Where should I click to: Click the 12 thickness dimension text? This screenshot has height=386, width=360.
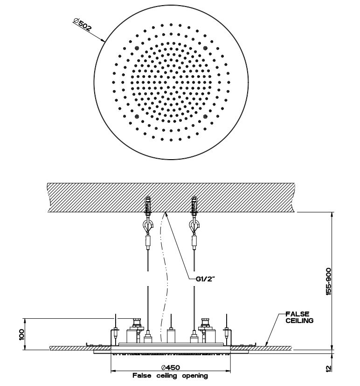pos(329,368)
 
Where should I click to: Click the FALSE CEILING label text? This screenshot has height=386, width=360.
pos(298,317)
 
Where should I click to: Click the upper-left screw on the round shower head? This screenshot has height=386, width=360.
pos(136,48)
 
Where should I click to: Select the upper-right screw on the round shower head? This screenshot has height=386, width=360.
pos(206,48)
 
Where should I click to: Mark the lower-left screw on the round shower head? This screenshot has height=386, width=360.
pos(136,117)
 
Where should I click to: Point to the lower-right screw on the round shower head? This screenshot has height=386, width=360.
pos(206,117)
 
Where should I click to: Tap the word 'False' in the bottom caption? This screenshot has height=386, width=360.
pos(142,375)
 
